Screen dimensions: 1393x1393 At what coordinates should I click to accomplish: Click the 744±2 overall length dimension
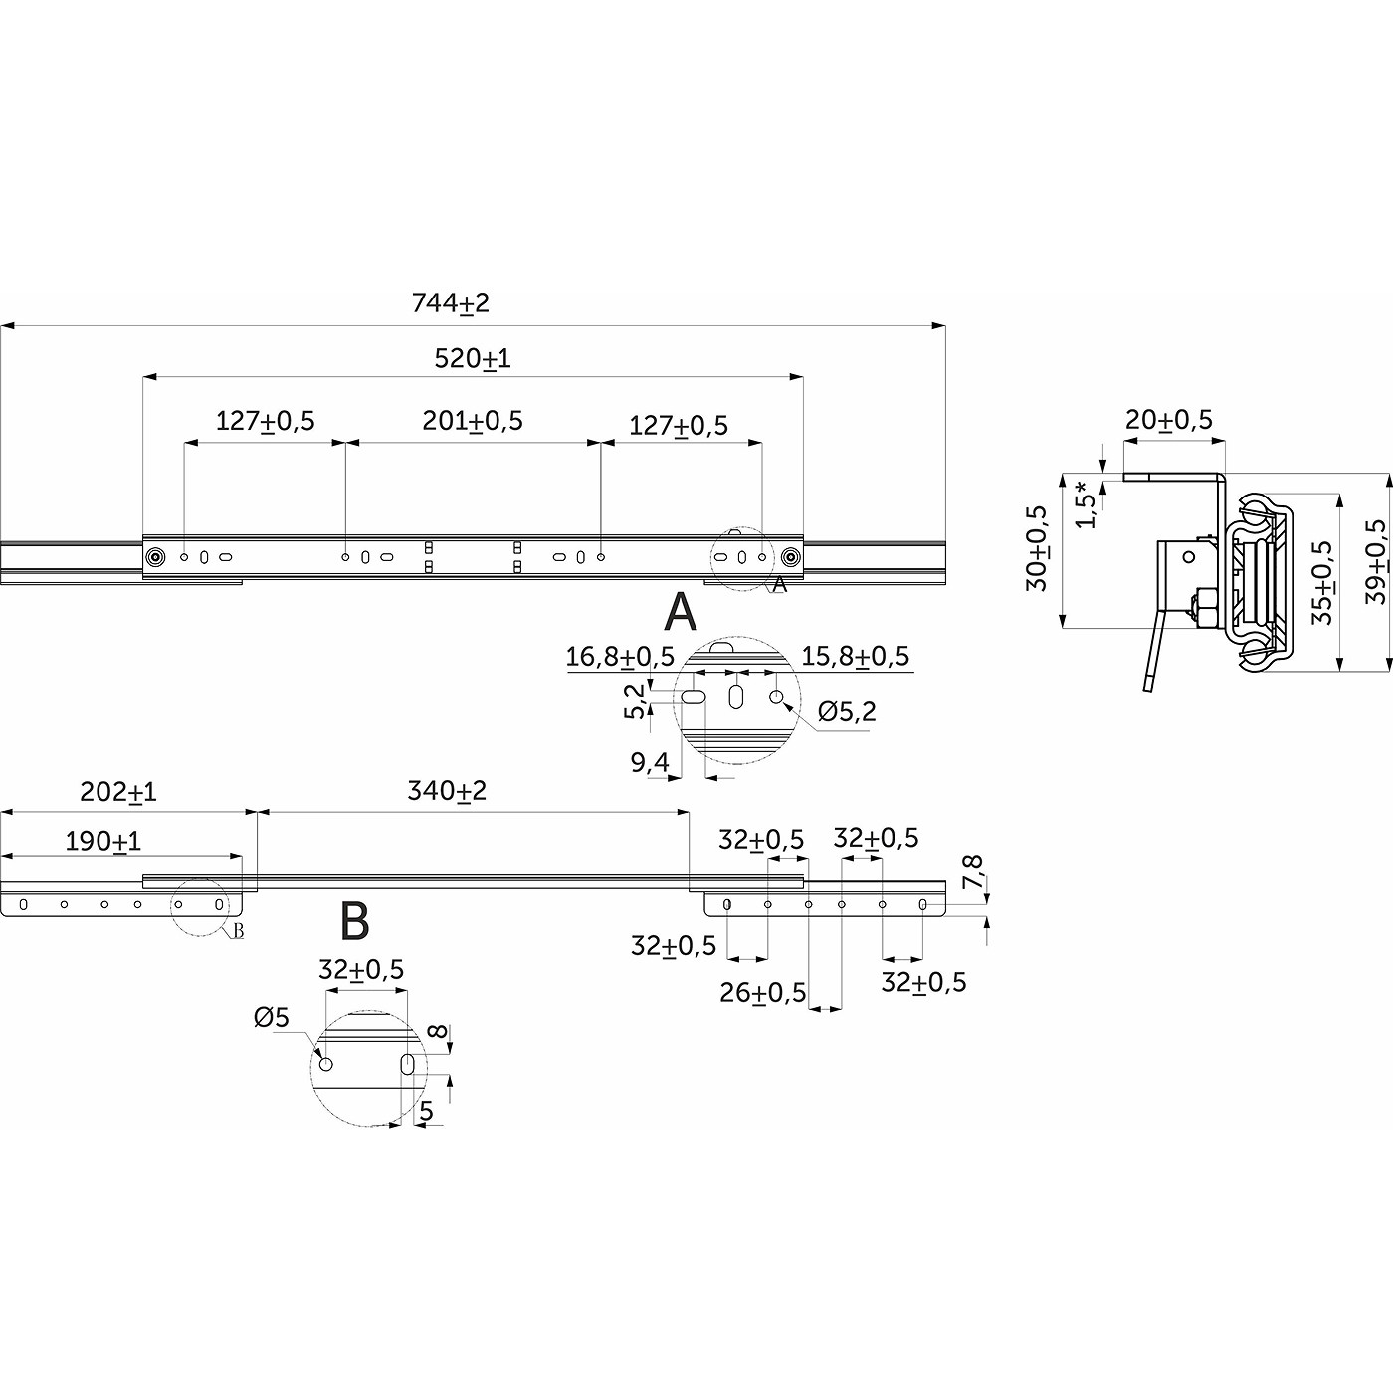[x=451, y=302]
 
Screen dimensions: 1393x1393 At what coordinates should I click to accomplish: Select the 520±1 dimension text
[x=473, y=358]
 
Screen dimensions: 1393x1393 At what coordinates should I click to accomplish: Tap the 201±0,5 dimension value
[x=473, y=421]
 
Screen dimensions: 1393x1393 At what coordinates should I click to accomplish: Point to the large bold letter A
[x=681, y=612]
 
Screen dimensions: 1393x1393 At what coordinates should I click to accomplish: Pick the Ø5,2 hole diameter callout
[x=847, y=712]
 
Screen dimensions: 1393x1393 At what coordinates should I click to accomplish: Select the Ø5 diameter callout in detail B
[x=271, y=1018]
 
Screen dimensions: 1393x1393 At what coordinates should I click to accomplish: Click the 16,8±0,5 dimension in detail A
[x=620, y=657]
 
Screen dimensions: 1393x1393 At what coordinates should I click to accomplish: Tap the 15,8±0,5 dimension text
[x=855, y=656]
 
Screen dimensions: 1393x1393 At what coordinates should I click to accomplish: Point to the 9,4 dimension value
[x=650, y=762]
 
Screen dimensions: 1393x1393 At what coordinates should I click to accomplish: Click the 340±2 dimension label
[x=447, y=791]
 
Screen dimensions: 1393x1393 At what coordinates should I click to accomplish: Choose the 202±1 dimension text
[x=117, y=792]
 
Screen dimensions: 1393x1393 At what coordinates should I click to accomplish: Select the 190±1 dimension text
[x=103, y=842]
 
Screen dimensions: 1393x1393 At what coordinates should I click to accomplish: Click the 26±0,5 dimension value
[x=762, y=993]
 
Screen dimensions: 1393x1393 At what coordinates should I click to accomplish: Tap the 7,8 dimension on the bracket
[x=973, y=872]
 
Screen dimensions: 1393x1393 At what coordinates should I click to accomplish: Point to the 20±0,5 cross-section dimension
[x=1169, y=419]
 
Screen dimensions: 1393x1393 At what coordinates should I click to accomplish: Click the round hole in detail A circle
[x=776, y=696]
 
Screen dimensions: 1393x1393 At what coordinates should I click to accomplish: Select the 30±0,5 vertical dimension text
[x=1037, y=548]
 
